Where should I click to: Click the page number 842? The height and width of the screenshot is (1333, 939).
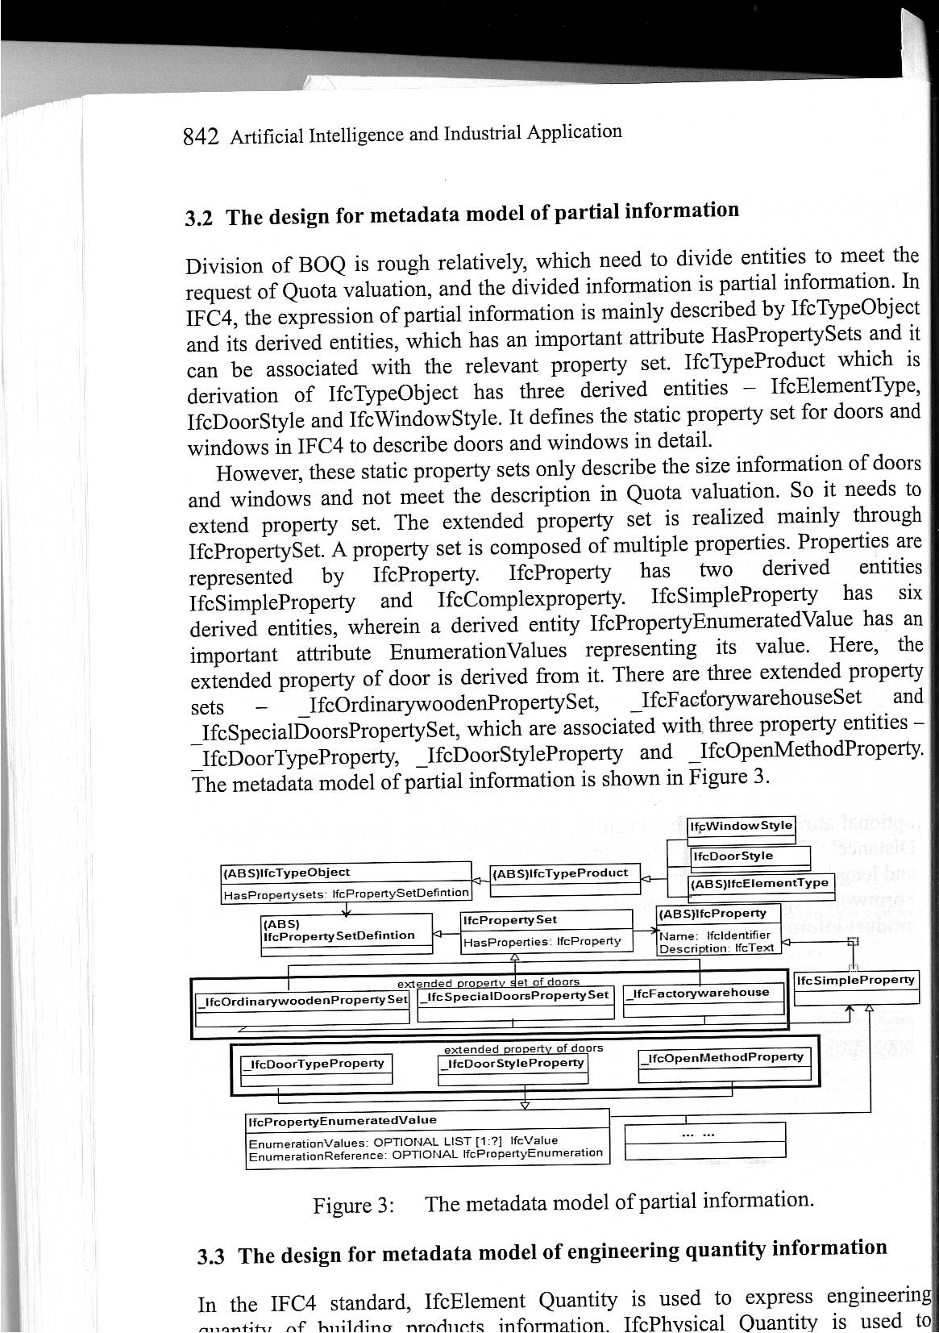[201, 138]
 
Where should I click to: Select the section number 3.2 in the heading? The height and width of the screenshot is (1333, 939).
[199, 219]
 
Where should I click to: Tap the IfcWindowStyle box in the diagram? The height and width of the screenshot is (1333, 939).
[742, 826]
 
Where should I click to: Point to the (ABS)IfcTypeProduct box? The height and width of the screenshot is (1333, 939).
[564, 873]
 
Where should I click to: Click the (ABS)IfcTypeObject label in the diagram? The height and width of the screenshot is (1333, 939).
[286, 872]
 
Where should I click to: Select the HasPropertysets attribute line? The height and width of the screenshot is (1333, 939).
[345, 893]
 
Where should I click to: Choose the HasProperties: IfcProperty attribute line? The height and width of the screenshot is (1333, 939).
[542, 941]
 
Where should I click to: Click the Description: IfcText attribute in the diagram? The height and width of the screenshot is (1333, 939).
[717, 948]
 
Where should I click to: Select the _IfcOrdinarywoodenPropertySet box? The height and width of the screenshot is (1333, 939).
[302, 1001]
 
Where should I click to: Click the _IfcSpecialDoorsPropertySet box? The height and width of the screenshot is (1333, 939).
[517, 997]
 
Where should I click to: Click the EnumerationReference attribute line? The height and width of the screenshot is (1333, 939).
[426, 1154]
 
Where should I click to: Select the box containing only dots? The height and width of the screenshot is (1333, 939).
[705, 1139]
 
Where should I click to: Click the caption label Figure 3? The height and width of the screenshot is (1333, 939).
[354, 1206]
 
